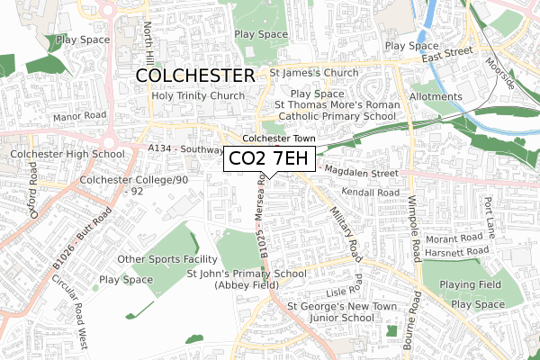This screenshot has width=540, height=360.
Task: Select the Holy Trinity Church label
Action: (198, 96)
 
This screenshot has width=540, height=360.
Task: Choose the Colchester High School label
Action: (67, 154)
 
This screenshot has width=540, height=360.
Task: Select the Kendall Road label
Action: (369, 193)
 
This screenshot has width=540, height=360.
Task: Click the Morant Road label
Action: (455, 238)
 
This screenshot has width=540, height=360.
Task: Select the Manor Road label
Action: (79, 116)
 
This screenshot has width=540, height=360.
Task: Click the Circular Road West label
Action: (70, 299)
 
